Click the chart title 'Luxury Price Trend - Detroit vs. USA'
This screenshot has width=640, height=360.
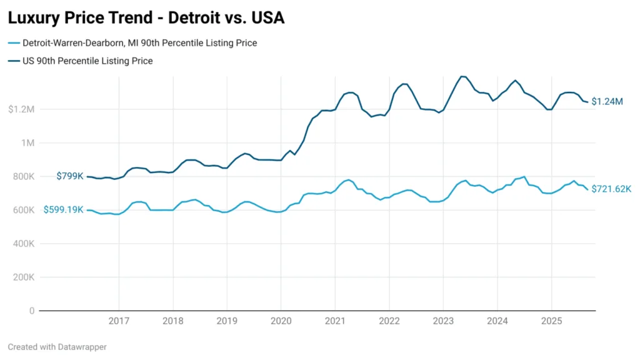point(146,18)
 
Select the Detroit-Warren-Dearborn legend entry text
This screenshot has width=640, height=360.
point(139,43)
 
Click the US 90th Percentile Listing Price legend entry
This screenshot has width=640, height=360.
point(87,61)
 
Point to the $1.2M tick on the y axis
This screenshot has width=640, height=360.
point(21,109)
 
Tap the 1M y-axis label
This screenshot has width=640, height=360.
point(27,143)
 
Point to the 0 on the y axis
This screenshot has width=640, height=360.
point(31,311)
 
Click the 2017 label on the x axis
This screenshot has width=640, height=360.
point(119,321)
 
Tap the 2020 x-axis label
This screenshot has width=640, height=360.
point(281,321)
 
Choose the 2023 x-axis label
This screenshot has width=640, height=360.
point(442,321)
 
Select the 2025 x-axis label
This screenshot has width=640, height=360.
point(551,321)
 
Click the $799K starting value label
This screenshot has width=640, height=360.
point(70,176)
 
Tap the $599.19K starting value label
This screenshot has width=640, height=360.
point(63,210)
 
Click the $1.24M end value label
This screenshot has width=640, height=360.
point(607,102)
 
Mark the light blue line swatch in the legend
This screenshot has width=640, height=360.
point(14,43)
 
